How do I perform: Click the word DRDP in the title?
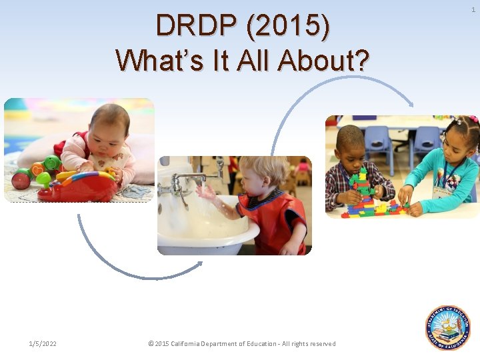197,26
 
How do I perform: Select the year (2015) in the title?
288,26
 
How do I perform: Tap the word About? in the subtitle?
325,60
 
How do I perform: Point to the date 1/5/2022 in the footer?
43,344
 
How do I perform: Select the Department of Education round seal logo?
448,327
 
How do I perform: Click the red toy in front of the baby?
77,186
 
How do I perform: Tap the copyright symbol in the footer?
151,344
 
